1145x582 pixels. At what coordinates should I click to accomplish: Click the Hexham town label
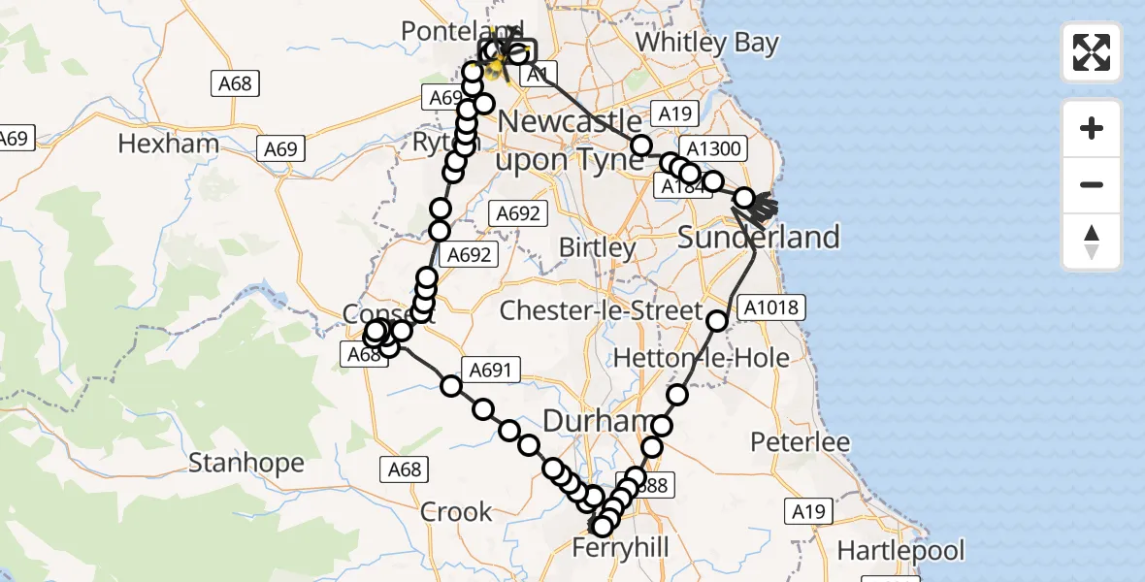(168, 145)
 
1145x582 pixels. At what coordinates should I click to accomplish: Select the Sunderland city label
(758, 237)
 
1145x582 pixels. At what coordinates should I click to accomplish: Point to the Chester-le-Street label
(600, 311)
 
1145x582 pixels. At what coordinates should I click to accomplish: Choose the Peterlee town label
(801, 442)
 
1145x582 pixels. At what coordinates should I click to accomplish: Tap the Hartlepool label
(900, 551)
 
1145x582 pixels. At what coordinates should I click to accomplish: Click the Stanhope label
(245, 463)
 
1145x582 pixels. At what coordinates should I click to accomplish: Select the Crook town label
(456, 511)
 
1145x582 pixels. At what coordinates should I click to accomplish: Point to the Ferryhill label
(620, 548)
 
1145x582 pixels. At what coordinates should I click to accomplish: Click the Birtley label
(597, 246)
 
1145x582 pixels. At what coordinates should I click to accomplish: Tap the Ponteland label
(449, 31)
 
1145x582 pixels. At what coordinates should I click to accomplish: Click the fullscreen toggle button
(1092, 52)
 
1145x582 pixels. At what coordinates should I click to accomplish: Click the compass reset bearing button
(1092, 242)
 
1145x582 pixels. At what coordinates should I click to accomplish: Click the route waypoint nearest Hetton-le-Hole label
(676, 395)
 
